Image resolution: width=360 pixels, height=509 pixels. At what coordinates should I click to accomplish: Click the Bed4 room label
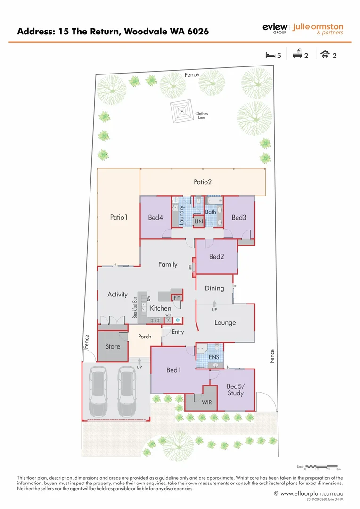pyautogui.click(x=155, y=218)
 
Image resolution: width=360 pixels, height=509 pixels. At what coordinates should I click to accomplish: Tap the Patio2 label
pyautogui.click(x=203, y=181)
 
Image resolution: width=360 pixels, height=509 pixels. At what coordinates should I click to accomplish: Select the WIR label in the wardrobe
pyautogui.click(x=207, y=403)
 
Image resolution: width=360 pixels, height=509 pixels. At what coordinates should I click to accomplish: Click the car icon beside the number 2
pyautogui.click(x=325, y=55)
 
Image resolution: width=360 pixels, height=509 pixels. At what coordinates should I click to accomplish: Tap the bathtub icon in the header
pyautogui.click(x=297, y=55)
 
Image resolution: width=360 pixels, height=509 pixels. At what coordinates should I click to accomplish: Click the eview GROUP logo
pyautogui.click(x=275, y=29)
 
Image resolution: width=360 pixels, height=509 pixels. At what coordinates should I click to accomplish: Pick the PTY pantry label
pyautogui.click(x=177, y=297)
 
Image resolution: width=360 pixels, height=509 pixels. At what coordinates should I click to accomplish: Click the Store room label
pyautogui.click(x=113, y=346)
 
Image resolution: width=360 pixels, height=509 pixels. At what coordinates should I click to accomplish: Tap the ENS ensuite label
pyautogui.click(x=213, y=358)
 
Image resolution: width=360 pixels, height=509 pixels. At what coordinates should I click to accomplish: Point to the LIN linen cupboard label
pyautogui.click(x=199, y=221)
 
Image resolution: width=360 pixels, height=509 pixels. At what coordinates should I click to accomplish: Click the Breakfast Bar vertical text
pyautogui.click(x=135, y=308)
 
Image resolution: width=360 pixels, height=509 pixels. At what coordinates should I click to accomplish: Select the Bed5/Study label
pyautogui.click(x=235, y=389)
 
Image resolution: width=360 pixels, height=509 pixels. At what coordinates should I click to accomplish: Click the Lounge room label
pyautogui.click(x=225, y=323)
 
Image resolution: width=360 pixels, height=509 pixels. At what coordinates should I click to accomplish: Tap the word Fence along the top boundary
pyautogui.click(x=192, y=74)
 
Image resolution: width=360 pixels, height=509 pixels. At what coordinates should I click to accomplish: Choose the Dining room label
pyautogui.click(x=214, y=288)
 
